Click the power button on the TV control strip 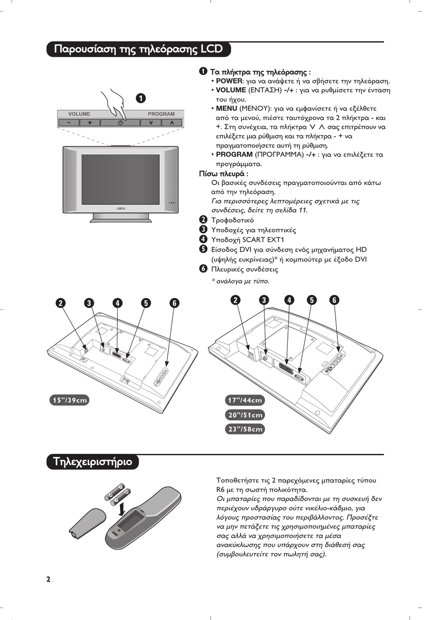click(x=121, y=123)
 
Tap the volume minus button click(x=69, y=123)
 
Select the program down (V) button click(x=151, y=123)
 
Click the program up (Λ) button click(x=172, y=123)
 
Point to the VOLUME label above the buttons click(x=79, y=114)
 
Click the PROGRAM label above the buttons click(x=161, y=114)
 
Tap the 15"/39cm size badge click(x=70, y=400)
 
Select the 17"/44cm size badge click(x=245, y=400)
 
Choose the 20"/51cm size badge click(x=245, y=415)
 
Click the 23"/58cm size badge click(x=245, y=429)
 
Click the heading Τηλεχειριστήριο click(x=93, y=462)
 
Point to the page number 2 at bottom click(x=48, y=579)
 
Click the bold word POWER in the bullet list click(x=229, y=81)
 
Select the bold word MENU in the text click(x=226, y=108)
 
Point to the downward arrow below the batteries click(x=121, y=508)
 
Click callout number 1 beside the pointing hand click(x=141, y=98)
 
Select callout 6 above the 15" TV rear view click(x=174, y=303)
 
